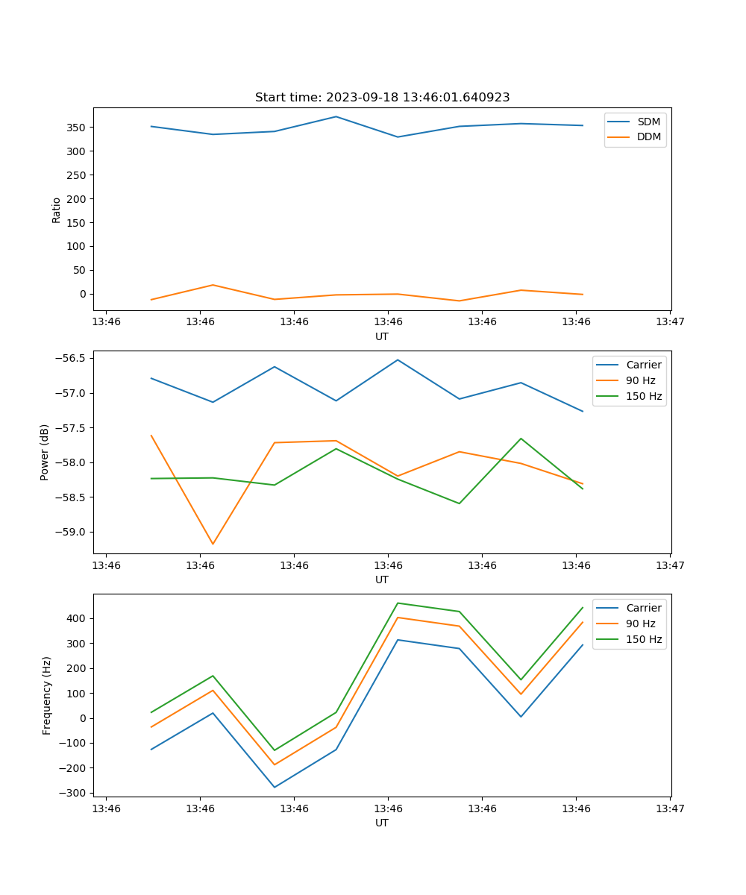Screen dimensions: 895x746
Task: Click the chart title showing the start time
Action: point(382,98)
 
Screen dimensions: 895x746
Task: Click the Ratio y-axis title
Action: point(57,210)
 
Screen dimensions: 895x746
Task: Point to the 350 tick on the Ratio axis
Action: point(78,128)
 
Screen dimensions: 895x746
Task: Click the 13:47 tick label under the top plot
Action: point(670,322)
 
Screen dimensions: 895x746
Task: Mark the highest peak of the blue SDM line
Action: point(336,116)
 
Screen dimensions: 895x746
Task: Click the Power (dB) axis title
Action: point(45,452)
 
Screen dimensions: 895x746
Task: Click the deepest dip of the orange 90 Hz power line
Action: point(213,544)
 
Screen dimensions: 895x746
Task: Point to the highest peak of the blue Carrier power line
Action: point(398,359)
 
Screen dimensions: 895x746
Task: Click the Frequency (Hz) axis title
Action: point(47,695)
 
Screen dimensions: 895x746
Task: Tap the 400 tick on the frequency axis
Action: point(78,619)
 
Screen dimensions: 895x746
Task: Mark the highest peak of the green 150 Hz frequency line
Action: point(398,603)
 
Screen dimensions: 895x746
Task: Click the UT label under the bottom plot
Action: point(382,823)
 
